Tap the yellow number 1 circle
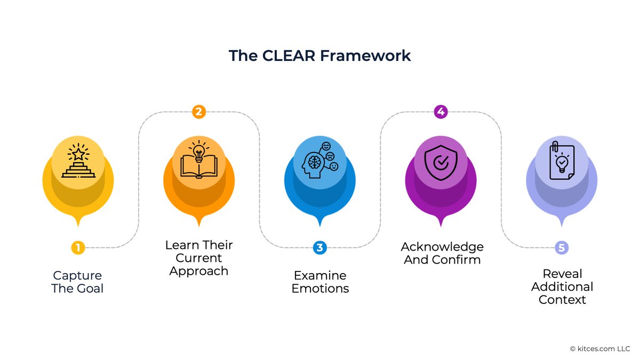click(78, 247)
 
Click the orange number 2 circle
click(198, 111)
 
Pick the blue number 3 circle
click(319, 247)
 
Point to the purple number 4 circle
click(441, 111)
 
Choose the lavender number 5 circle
click(561, 247)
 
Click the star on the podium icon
click(78, 154)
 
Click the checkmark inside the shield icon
click(441, 163)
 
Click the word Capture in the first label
click(77, 276)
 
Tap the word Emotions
click(320, 289)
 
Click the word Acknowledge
click(442, 247)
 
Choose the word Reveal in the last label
click(562, 274)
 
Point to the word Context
click(562, 300)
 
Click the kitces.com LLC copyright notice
click(600, 349)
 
